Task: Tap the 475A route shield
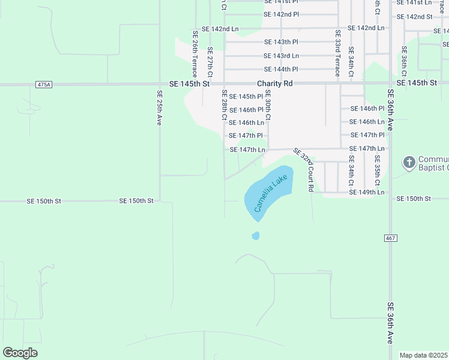tap(44, 85)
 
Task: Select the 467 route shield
tap(390, 238)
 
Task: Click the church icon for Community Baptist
tap(409, 163)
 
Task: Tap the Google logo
tap(20, 353)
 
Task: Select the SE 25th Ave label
tap(160, 107)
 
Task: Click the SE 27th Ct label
tap(209, 62)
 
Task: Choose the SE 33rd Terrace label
tap(337, 53)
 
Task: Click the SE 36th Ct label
tap(405, 62)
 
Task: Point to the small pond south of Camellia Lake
tap(256, 236)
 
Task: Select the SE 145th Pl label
tap(246, 97)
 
